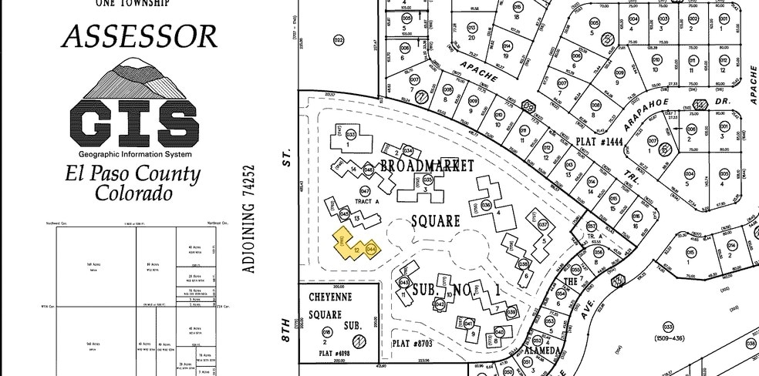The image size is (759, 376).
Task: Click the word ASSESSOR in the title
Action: (x=138, y=35)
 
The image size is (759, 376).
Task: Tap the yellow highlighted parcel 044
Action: (x=370, y=249)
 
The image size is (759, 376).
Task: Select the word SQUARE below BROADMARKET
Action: (x=435, y=221)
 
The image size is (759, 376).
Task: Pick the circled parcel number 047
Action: (x=365, y=190)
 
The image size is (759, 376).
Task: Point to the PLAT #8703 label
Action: (x=413, y=343)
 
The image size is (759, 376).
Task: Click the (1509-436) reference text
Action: (x=669, y=338)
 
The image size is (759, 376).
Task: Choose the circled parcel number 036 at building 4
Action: (x=486, y=205)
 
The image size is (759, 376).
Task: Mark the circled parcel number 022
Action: (x=338, y=39)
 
